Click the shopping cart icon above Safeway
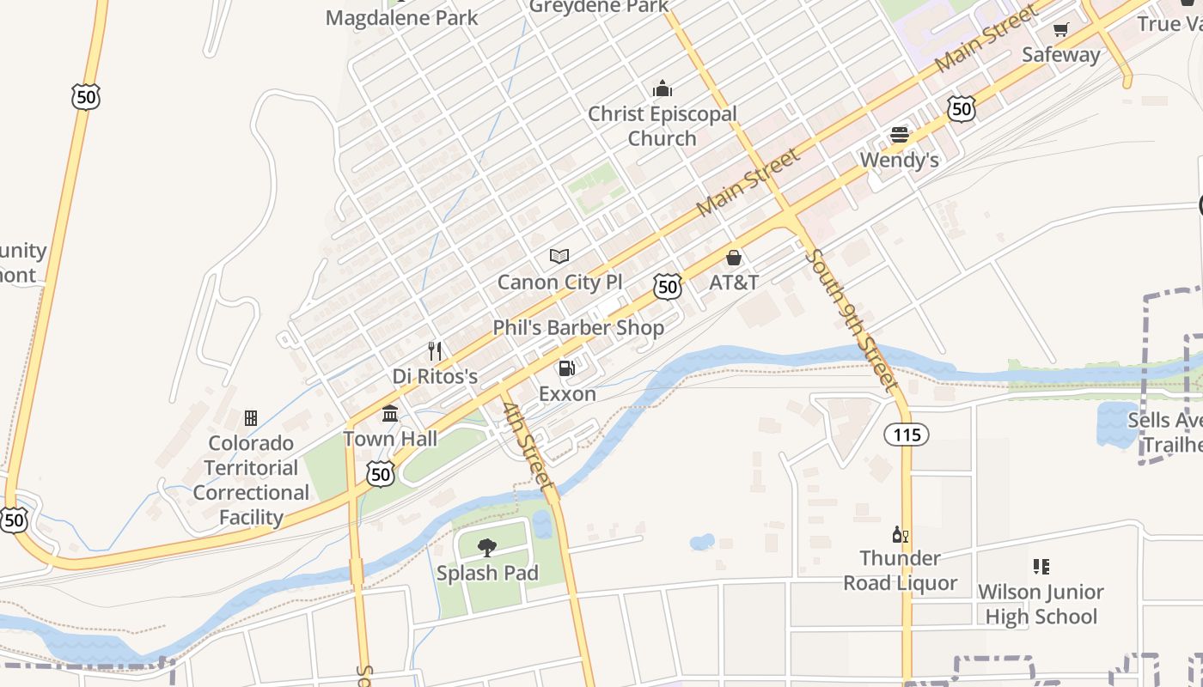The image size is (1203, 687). [x=1060, y=30]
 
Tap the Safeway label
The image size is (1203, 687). [x=1060, y=55]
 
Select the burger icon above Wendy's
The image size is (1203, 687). [x=900, y=135]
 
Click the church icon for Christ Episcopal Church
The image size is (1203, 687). [x=662, y=88]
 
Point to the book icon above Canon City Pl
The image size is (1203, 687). [x=559, y=256]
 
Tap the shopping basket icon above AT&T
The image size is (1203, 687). [x=734, y=257]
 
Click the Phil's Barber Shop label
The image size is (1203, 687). [x=578, y=327]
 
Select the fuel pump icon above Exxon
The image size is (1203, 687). [x=567, y=368]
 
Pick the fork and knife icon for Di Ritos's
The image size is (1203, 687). [x=435, y=350]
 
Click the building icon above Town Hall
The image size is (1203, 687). [x=390, y=414]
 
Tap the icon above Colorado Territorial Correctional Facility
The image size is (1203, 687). [x=251, y=418]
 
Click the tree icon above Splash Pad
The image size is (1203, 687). [x=487, y=547]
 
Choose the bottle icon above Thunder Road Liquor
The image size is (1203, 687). [x=900, y=534]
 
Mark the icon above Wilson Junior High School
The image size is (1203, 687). [x=1041, y=567]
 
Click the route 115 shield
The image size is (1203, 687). [x=907, y=435]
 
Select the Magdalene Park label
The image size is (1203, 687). [x=402, y=17]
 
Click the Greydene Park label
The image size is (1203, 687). [x=599, y=7]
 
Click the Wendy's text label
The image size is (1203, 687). [x=900, y=160]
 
